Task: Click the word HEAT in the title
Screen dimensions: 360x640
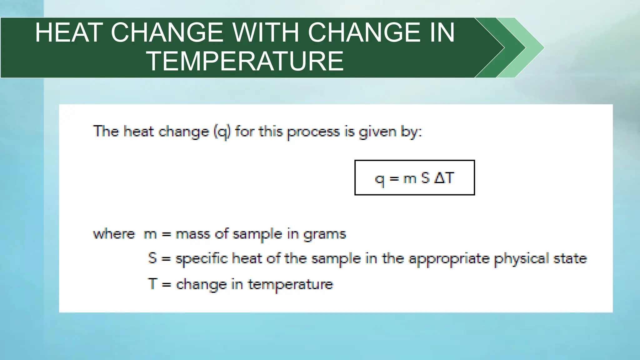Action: pos(69,32)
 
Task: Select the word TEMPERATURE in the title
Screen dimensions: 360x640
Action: pos(245,61)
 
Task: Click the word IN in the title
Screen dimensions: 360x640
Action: pos(442,32)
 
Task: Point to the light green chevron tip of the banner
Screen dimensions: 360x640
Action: pos(536,47)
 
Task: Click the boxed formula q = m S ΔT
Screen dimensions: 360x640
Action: pos(414,178)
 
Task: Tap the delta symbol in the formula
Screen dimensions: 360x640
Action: pos(439,178)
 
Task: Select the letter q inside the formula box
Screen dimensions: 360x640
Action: pos(379,180)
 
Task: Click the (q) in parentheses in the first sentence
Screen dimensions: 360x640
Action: pos(222,132)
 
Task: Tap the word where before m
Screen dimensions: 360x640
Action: pos(114,234)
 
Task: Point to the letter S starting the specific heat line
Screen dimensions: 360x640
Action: pos(152,258)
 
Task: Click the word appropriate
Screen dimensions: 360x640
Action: pos(449,259)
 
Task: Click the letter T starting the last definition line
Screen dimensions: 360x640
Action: pos(152,284)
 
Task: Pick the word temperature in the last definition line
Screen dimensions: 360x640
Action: pos(291,284)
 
